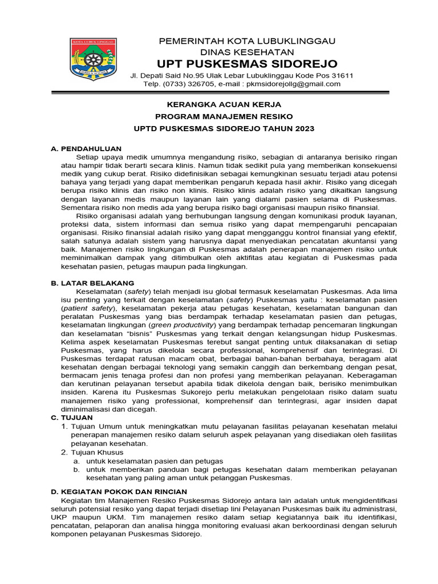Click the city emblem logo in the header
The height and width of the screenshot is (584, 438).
(93, 59)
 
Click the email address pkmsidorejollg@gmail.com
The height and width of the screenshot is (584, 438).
(293, 84)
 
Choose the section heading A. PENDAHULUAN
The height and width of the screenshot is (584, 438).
(86, 148)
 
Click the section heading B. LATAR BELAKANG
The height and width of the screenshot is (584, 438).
(92, 283)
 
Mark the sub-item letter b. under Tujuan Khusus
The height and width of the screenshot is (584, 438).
(76, 469)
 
